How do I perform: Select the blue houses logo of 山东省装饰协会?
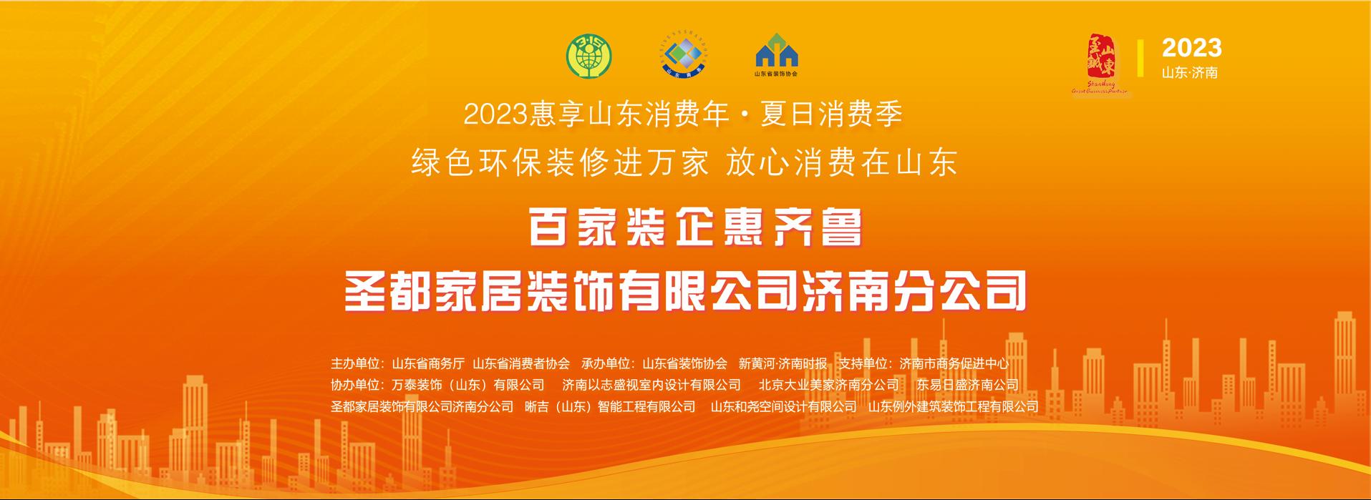click(777, 53)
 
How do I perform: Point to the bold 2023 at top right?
click(1191, 48)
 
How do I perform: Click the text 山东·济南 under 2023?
click(1189, 72)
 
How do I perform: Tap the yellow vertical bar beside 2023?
click(1140, 59)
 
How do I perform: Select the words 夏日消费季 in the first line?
click(831, 114)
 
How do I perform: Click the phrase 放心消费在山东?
click(842, 163)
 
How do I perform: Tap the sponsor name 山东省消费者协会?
click(521, 363)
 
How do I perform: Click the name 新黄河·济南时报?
click(783, 363)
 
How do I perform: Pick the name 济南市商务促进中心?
click(954, 363)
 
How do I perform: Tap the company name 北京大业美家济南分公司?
click(828, 385)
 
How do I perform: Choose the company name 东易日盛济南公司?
click(967, 385)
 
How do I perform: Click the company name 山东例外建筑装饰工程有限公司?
click(953, 406)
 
